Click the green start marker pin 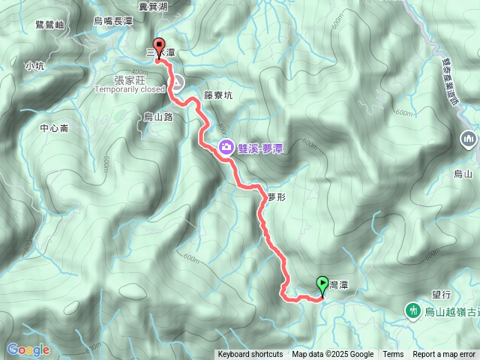coord(322,284)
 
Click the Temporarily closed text coord(129,88)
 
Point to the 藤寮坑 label coord(219,95)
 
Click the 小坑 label coord(34,65)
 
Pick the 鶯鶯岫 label coord(49,25)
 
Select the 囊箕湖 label coord(152,6)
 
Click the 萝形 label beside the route coord(276,196)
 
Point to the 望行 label coord(441,295)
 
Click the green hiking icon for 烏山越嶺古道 coord(412,310)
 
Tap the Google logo coord(28,349)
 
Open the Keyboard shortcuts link coord(250,355)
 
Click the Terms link coord(393,355)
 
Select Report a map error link coord(445,355)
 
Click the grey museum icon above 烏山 coord(469,139)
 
